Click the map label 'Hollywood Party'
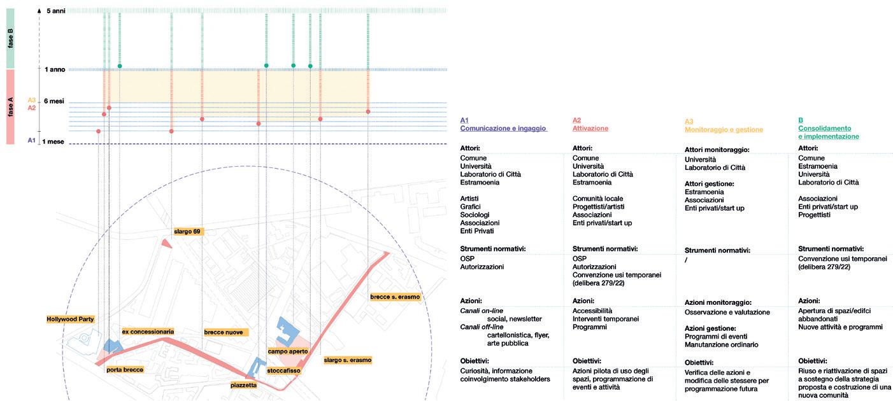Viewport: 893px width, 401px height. (69, 318)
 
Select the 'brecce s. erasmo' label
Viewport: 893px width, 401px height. (395, 297)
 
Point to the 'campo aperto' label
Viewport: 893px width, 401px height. (288, 351)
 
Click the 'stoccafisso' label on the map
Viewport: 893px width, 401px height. (283, 370)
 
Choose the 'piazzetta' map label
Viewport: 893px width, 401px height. (244, 385)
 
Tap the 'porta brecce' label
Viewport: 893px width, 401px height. (125, 369)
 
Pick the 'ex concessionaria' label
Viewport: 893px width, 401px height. (148, 332)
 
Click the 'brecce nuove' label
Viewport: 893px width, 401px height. (223, 332)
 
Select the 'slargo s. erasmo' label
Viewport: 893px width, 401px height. (347, 360)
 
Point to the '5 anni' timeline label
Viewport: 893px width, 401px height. (55, 11)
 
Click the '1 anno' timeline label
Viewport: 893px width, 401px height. (55, 69)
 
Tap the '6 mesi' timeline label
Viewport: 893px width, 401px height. (54, 101)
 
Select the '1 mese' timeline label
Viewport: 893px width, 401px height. (53, 141)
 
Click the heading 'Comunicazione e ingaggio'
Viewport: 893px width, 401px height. (503, 128)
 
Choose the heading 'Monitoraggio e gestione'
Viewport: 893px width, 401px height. (724, 130)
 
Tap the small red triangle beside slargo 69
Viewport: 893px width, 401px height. (166, 243)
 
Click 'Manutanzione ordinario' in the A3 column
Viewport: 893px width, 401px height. (721, 344)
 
